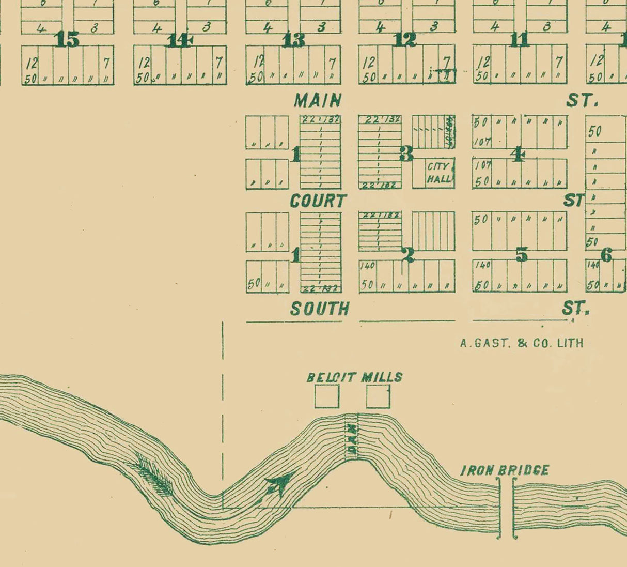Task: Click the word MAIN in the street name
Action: [318, 100]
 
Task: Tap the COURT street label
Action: [318, 201]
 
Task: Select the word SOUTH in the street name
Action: [320, 309]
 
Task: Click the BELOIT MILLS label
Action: [354, 377]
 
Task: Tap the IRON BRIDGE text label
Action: [505, 470]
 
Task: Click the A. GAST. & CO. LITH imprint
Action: [522, 343]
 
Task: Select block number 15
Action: [68, 39]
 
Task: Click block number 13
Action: [293, 40]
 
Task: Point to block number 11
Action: [519, 39]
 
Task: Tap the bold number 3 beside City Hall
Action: [406, 154]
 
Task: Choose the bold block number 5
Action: [522, 254]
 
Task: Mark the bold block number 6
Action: [606, 254]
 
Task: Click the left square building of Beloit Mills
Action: [327, 396]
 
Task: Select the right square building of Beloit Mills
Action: [378, 396]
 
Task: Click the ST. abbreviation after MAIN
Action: [582, 100]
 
